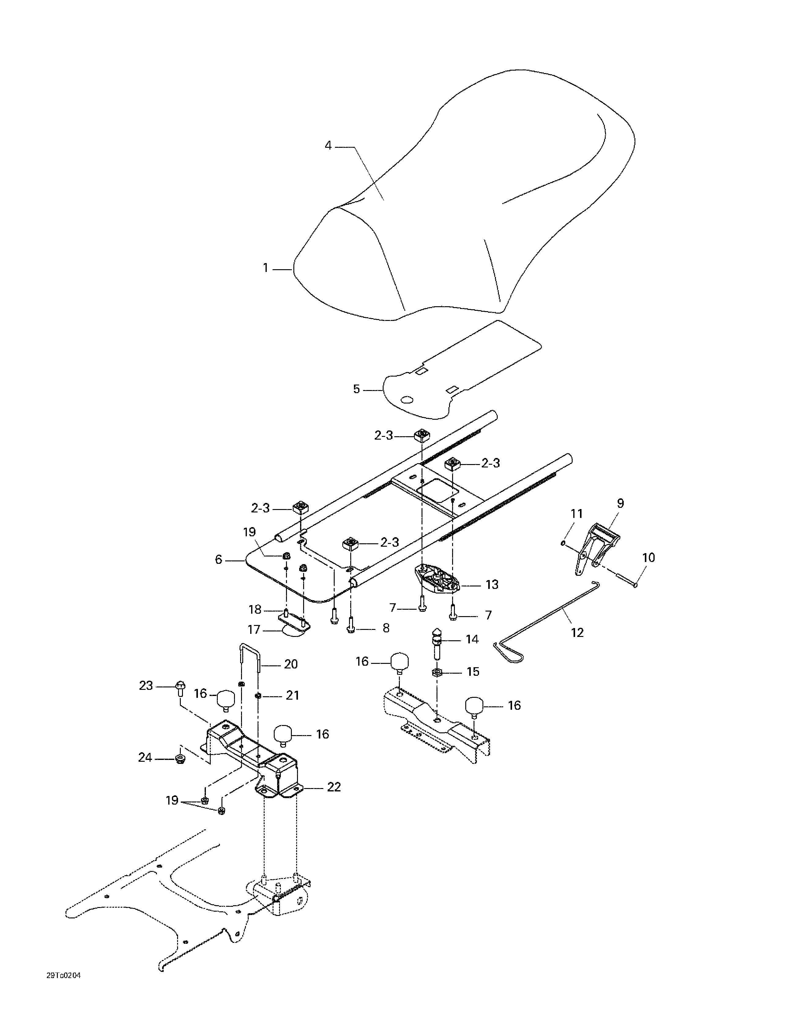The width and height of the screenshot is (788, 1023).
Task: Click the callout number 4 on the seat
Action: coord(328,146)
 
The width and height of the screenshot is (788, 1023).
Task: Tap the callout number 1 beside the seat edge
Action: coord(266,268)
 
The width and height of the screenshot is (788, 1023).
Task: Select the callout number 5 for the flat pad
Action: coord(356,389)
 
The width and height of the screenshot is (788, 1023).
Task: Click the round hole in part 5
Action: coord(407,400)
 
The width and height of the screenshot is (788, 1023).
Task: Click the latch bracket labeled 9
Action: coord(595,546)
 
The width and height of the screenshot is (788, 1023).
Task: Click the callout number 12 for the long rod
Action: coord(577,632)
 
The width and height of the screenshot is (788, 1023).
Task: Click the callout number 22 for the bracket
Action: coord(333,787)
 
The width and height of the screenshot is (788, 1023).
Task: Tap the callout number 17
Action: coord(254,630)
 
